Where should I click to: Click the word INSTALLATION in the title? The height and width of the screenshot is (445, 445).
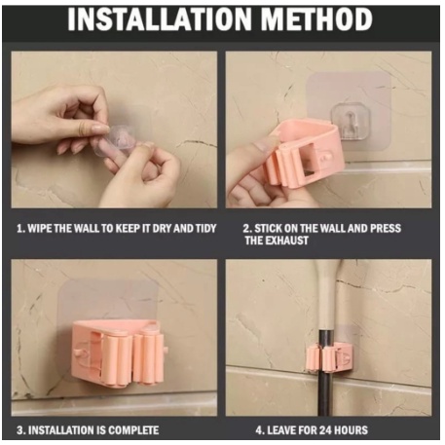coord(160,19)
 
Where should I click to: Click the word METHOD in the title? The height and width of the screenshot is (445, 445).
coord(316,19)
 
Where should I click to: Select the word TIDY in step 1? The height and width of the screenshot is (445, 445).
coord(205,229)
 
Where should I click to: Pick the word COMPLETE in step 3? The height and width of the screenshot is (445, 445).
coord(133,430)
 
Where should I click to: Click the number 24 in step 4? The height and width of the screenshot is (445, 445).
coord(325,430)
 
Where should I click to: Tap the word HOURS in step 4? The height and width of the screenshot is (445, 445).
coord(352,430)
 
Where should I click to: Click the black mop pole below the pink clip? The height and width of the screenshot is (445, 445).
coord(325,393)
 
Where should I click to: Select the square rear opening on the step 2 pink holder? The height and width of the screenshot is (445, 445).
coord(308,160)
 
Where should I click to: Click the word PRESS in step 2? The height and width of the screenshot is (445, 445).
coord(386,228)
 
